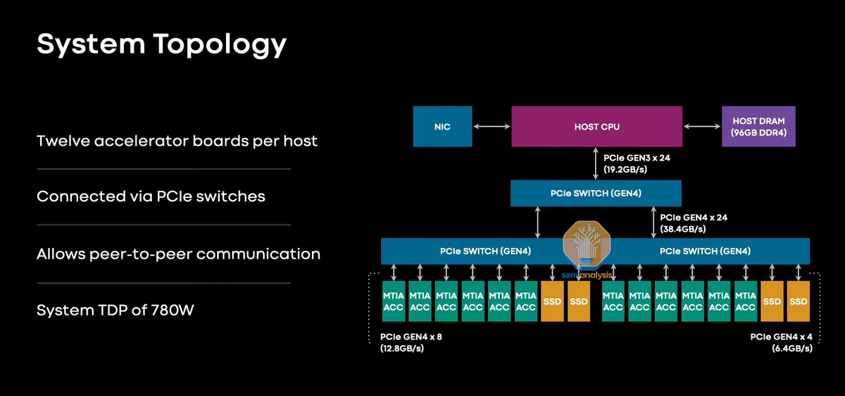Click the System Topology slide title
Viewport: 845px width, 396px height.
161,44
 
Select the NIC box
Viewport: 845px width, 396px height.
442,127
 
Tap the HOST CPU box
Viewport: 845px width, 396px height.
596,127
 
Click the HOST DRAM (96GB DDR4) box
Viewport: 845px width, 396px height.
758,127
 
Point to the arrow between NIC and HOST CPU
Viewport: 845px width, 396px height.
492,127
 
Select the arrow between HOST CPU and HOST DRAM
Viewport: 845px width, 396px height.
701,127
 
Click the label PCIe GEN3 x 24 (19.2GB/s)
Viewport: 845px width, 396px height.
637,163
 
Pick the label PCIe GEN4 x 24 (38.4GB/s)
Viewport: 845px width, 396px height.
694,223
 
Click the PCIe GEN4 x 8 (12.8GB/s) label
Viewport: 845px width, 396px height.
411,342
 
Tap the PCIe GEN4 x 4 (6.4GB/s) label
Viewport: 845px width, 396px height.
782,342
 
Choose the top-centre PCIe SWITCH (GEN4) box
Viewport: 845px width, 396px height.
596,193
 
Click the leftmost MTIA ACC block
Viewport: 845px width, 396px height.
394,302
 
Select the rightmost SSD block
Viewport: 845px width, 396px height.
799,302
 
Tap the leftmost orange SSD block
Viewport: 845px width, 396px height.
552,302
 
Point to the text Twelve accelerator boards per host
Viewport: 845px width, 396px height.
177,141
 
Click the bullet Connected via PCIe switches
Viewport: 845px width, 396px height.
151,197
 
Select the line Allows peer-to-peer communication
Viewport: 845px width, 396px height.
178,254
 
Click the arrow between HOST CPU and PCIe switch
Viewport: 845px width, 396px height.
596,163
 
